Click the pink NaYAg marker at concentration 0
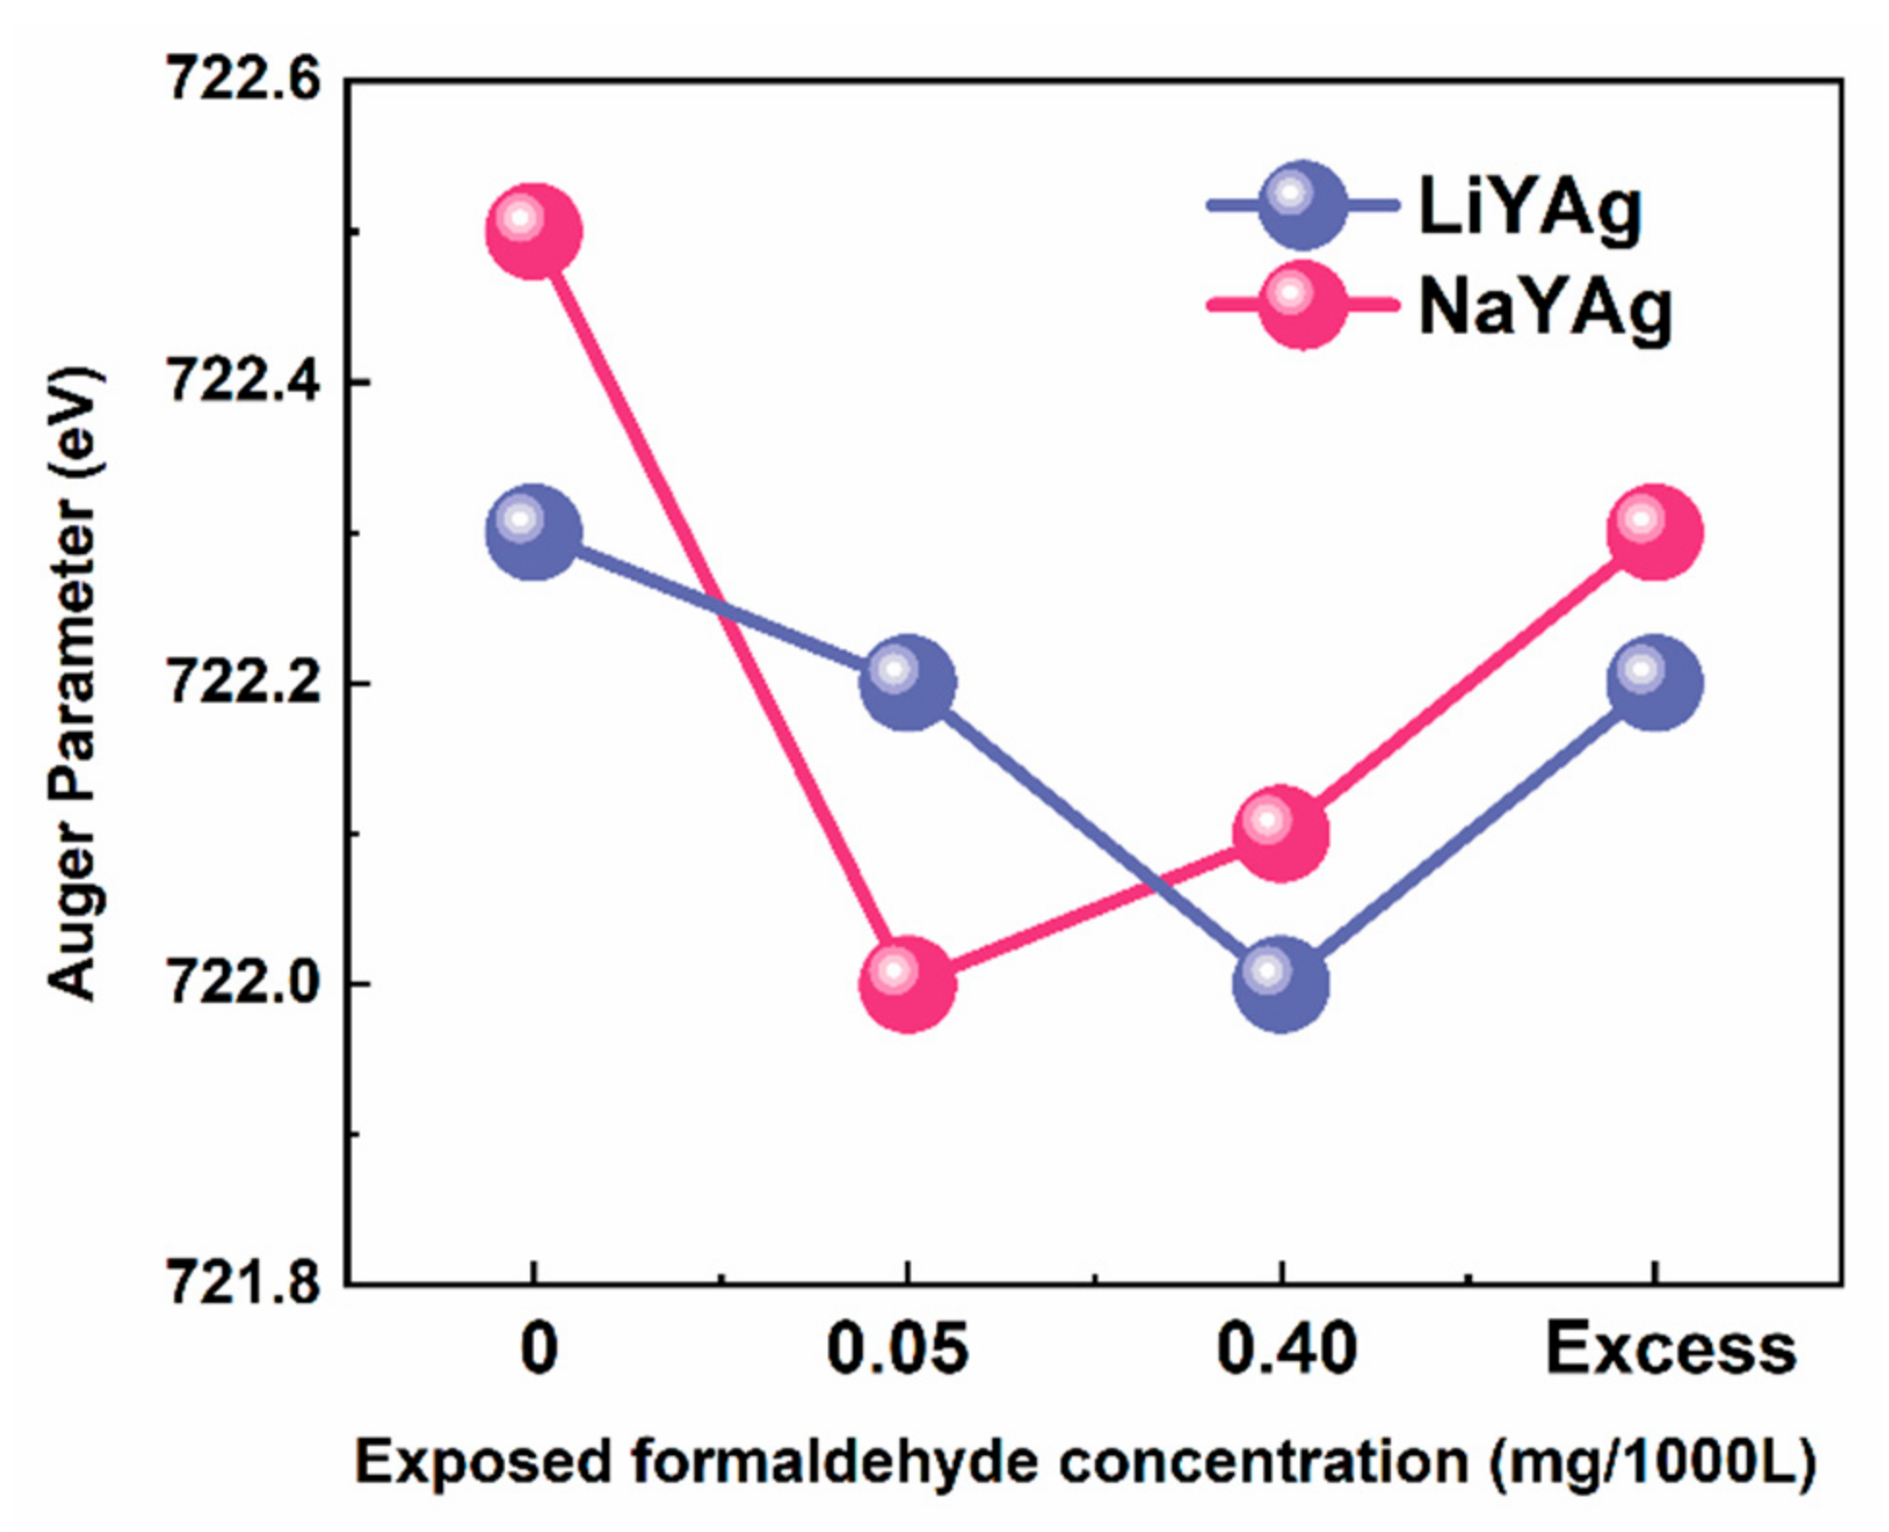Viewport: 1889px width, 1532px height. coord(533,232)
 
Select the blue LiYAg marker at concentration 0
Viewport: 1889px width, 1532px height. coord(533,533)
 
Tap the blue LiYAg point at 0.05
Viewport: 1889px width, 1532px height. coord(907,683)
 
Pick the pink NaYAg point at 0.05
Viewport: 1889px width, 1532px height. coord(907,984)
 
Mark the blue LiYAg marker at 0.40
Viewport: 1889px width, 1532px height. coord(1281,984)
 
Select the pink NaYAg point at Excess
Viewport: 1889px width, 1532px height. coord(1654,533)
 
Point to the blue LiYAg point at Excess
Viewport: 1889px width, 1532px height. coord(1654,683)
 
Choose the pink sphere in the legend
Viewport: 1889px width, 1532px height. coord(1303,306)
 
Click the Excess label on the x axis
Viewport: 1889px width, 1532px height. coord(1670,1350)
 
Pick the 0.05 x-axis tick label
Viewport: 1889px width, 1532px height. coord(897,1350)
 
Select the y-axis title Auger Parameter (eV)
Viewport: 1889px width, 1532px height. coord(74,683)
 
